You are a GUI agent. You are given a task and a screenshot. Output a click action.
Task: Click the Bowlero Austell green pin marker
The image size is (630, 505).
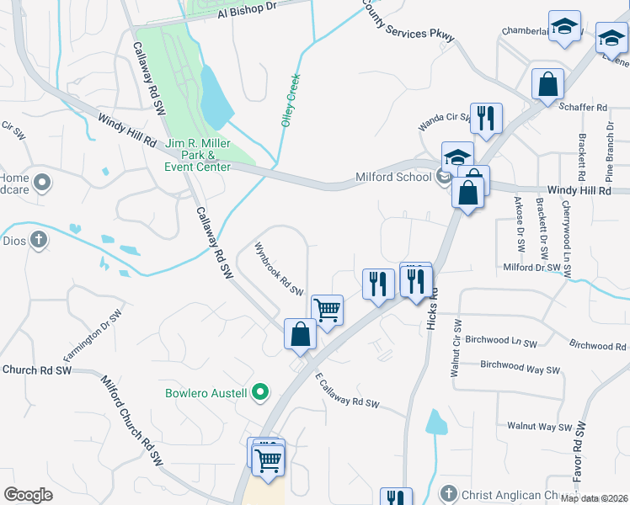pos(261,392)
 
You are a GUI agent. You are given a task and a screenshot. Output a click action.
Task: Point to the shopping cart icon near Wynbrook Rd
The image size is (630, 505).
pos(327,309)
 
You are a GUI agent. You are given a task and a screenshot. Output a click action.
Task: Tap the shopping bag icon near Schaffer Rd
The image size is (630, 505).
pos(547,84)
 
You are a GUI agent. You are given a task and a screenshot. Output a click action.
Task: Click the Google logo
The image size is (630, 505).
pos(28,495)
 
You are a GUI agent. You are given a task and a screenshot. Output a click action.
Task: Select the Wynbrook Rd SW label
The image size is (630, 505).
pos(279,269)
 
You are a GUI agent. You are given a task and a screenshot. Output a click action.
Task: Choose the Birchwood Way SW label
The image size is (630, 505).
pos(520,367)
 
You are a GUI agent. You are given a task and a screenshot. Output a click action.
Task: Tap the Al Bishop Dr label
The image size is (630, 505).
pos(247,9)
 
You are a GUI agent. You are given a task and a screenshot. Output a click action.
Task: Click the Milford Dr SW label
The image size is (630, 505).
pos(531,267)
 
